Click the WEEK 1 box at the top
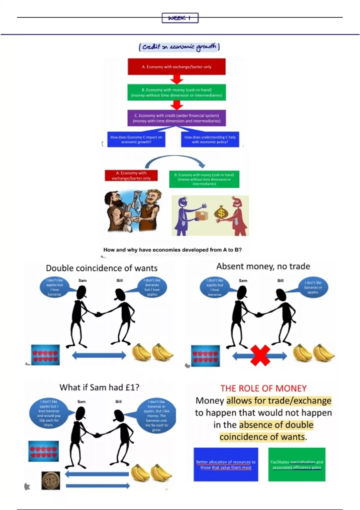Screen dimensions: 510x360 [x=180, y=18]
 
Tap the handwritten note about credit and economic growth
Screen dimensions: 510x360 [x=179, y=47]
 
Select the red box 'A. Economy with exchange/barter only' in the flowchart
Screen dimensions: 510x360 [x=176, y=67]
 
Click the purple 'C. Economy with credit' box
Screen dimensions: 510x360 [x=176, y=118]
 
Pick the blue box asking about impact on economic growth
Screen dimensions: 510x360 [x=136, y=139]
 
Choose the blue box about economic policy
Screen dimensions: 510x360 [x=210, y=139]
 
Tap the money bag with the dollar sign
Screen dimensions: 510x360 [x=221, y=212]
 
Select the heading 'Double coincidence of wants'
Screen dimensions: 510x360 [x=101, y=268]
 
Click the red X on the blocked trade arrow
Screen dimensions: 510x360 [x=260, y=355]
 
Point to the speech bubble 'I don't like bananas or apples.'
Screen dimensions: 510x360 [x=313, y=287]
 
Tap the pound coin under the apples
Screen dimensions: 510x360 [x=51, y=480]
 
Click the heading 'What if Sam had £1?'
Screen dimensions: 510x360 [x=99, y=387]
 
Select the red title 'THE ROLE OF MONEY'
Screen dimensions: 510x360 [x=263, y=388]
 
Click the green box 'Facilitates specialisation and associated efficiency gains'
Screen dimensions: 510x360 [x=297, y=464]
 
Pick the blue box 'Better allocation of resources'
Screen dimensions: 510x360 [x=226, y=464]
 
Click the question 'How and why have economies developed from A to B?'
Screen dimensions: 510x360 [x=172, y=250]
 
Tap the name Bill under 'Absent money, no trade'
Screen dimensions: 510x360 [x=280, y=280]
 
